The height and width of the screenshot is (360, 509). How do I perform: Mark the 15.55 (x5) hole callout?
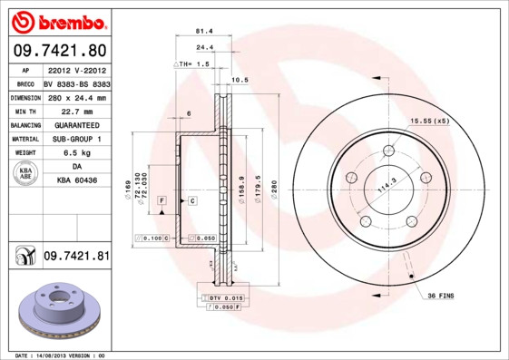point(429,121)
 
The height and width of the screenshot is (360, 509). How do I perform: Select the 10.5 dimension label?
point(240,81)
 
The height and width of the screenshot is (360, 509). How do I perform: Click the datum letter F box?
point(161,199)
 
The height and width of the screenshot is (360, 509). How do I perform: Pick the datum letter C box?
point(192,199)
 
